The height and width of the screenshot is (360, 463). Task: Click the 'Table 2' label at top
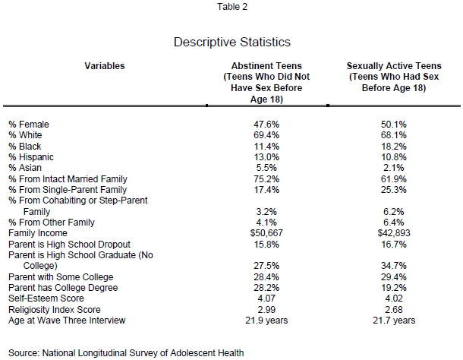[x=231, y=7]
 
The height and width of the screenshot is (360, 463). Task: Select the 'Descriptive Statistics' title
[x=231, y=42]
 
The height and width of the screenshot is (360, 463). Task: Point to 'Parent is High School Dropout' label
[x=70, y=244]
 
